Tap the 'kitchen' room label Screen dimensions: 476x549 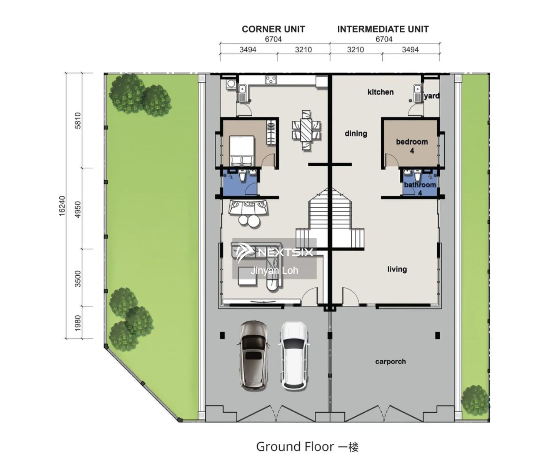381,92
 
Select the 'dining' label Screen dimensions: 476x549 356,134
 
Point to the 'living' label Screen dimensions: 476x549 397,269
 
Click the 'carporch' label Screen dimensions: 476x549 391,362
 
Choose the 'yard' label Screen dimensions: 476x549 432,96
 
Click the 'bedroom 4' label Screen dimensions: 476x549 412,146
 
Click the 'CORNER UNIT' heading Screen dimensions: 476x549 273,29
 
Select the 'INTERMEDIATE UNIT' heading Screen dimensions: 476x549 383,29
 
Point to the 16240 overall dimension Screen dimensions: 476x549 62,206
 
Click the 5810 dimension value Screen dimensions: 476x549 78,120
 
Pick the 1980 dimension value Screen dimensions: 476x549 78,323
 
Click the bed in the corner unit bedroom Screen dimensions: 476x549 242,150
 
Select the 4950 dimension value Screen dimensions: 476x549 78,209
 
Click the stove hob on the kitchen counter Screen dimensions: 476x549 271,79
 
